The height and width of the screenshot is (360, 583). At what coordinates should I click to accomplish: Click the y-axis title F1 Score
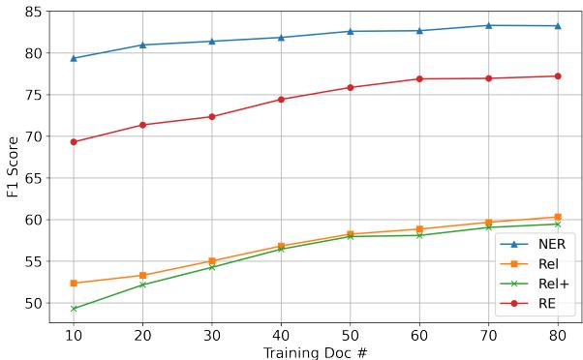click(x=13, y=165)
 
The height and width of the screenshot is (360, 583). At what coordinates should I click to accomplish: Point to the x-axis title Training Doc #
click(x=315, y=351)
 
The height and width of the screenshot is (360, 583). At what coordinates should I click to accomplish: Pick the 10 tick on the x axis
click(x=74, y=333)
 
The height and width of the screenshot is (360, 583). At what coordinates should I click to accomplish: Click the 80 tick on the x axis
click(x=557, y=333)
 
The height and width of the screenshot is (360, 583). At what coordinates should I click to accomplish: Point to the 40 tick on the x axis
click(x=281, y=333)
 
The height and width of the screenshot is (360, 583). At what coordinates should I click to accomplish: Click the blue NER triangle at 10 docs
click(x=74, y=58)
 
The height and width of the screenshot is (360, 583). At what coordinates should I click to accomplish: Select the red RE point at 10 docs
click(x=74, y=142)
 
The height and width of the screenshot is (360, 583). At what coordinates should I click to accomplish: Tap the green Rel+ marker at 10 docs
click(x=74, y=309)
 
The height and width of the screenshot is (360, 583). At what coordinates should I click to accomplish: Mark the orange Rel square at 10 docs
click(x=74, y=284)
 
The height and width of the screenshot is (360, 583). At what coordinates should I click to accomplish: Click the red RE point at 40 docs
click(x=281, y=100)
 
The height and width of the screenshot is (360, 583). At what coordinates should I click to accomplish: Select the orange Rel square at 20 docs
click(x=142, y=276)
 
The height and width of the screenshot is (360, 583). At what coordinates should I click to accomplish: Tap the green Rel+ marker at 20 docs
click(x=142, y=285)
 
